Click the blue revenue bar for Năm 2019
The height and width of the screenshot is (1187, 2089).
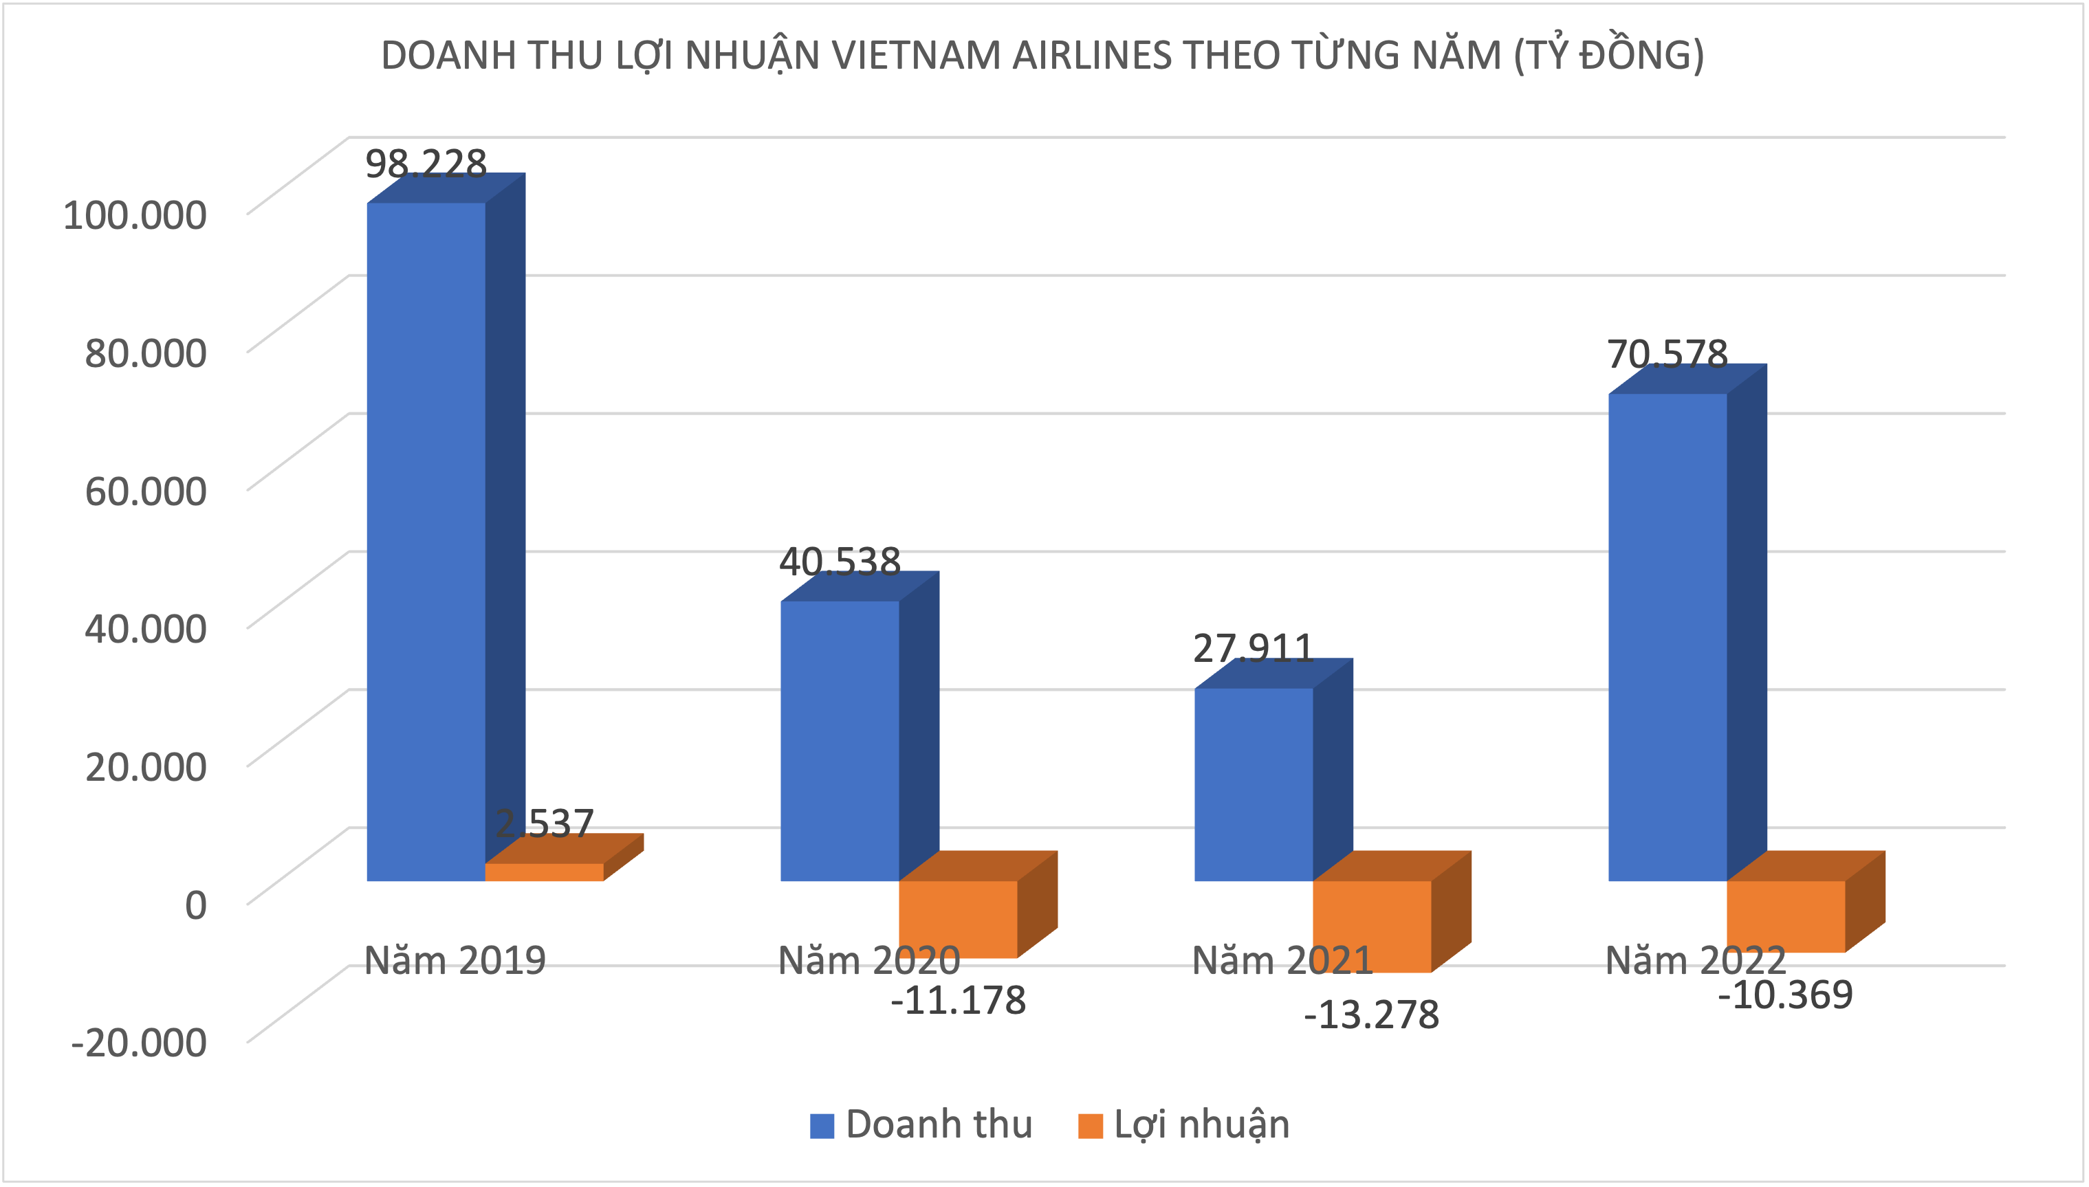pos(426,542)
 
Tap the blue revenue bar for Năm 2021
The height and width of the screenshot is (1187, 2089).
pos(1254,784)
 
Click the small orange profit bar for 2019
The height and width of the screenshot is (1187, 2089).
pos(544,872)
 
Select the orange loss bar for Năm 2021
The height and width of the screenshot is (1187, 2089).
pos(1372,926)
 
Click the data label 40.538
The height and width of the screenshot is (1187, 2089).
pos(840,562)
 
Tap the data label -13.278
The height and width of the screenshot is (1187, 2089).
pos(1372,1015)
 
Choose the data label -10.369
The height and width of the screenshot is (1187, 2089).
pos(1785,995)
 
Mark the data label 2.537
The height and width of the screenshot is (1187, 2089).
pos(545,823)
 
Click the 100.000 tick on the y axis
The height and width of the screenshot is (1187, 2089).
pos(135,215)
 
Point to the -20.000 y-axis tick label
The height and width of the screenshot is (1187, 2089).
pos(139,1043)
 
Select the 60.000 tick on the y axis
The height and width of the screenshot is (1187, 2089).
pos(146,491)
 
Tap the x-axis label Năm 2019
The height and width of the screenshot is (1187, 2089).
pos(454,960)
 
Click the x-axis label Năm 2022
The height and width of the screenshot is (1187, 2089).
pos(1696,960)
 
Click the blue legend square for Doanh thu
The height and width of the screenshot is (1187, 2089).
pos(821,1126)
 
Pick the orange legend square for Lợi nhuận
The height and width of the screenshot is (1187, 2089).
pos(1089,1126)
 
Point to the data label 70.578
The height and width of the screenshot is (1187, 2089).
pos(1667,355)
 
